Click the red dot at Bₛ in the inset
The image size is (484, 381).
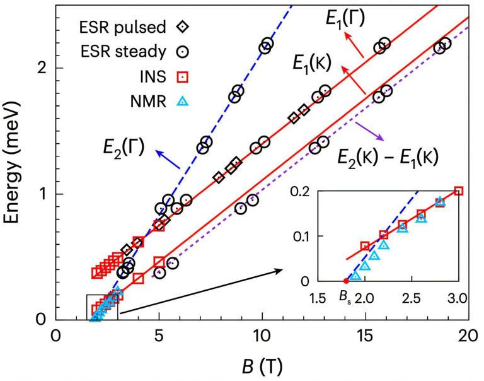(x=345, y=281)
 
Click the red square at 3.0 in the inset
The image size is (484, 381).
(x=458, y=191)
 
